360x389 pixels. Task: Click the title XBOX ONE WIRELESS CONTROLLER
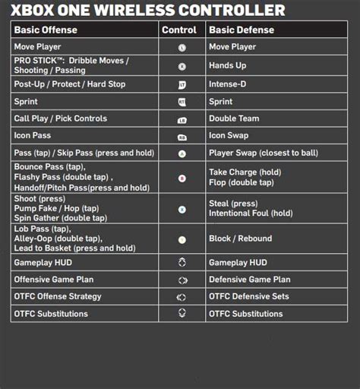point(148,11)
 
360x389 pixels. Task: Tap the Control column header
point(182,30)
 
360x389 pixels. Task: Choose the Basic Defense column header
point(242,30)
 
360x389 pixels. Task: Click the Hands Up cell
point(227,66)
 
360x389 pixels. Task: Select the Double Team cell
point(233,119)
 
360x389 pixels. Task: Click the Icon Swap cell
point(230,136)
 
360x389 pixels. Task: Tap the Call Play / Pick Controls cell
point(60,119)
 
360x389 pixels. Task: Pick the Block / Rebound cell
point(240,239)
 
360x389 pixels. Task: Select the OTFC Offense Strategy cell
point(57,296)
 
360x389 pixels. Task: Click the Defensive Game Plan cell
point(249,279)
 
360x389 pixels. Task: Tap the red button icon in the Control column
point(182,179)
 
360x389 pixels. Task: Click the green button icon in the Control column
point(182,153)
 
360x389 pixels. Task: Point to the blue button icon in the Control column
point(182,209)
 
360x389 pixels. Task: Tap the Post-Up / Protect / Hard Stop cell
point(69,84)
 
